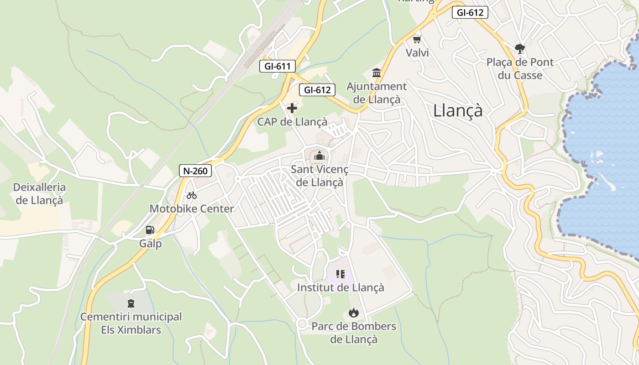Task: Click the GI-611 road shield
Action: tap(278, 66)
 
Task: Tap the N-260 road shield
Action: tap(195, 171)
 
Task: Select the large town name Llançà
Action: tap(457, 110)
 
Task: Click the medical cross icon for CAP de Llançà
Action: tap(292, 108)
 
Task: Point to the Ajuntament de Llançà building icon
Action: tap(377, 73)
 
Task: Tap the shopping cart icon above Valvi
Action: tap(417, 40)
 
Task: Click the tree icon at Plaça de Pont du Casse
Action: tap(519, 48)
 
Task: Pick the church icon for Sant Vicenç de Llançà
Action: tap(319, 156)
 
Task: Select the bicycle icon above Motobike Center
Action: tap(192, 195)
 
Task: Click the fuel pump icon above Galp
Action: tap(150, 230)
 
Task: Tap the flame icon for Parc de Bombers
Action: tap(353, 313)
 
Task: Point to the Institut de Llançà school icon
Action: tap(340, 274)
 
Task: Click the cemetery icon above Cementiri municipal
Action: tap(131, 303)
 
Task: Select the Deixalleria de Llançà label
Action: tap(39, 193)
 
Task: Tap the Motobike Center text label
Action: tap(192, 209)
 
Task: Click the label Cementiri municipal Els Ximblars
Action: tap(131, 323)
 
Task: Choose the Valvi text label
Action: tap(417, 53)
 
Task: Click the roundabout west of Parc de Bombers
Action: tap(302, 323)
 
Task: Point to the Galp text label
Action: tap(151, 244)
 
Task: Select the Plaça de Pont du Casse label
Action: tap(520, 68)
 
